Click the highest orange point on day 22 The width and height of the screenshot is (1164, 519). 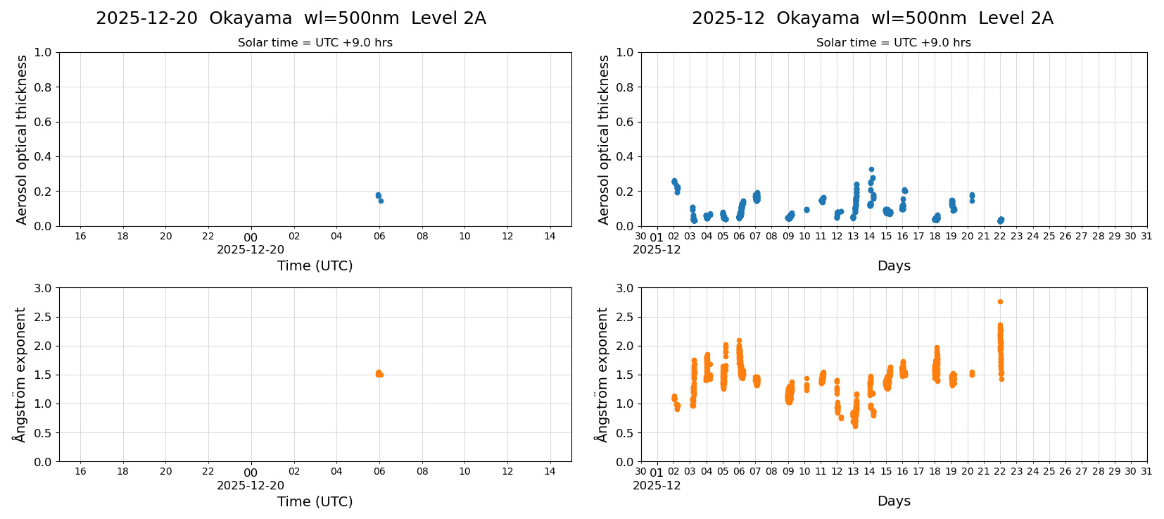(x=1000, y=301)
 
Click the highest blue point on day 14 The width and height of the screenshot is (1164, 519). (x=871, y=170)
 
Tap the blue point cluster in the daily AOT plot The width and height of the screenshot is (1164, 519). (x=379, y=196)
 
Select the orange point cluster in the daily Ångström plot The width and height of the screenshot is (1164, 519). (x=379, y=374)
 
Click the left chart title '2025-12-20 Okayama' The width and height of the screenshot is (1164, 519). (x=291, y=18)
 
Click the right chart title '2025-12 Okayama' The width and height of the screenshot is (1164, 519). (x=872, y=18)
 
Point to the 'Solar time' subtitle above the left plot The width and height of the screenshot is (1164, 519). (x=315, y=43)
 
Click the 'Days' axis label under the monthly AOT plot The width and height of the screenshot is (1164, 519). (x=894, y=266)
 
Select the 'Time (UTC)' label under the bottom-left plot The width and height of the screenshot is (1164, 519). (x=315, y=501)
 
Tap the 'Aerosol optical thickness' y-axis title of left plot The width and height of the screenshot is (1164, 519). (x=22, y=139)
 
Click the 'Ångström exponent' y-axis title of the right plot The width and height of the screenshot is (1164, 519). (x=602, y=375)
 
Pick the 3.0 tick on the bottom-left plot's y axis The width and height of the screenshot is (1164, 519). (x=43, y=288)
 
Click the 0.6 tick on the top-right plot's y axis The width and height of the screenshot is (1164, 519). (x=625, y=122)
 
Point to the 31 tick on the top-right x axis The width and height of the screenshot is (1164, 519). (x=1146, y=237)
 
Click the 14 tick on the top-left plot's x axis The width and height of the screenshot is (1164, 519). (x=550, y=237)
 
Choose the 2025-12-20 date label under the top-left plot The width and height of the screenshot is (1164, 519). (x=251, y=250)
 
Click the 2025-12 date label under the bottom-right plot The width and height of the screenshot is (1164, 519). (x=657, y=486)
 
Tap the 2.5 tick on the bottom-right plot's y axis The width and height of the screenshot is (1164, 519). (x=625, y=317)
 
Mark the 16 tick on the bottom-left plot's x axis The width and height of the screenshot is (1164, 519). (x=80, y=472)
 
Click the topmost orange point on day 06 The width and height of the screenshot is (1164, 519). (x=739, y=341)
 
